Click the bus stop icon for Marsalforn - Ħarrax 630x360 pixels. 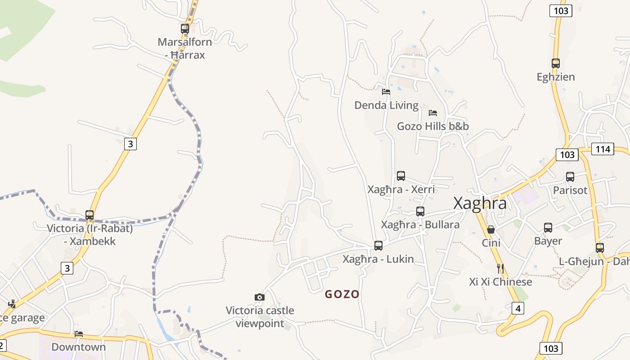pos(184,28)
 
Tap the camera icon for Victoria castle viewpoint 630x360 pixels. pos(259,297)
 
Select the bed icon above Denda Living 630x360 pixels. pos(386,92)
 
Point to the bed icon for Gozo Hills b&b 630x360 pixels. pos(433,112)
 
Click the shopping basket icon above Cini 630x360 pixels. pos(490,229)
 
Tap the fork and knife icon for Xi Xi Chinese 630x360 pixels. pos(500,269)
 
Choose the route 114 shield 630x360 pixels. pos(603,148)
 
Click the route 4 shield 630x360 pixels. pos(518,308)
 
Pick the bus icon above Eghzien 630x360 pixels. pos(555,63)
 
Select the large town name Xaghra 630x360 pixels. pos(480,203)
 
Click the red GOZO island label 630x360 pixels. pos(342,294)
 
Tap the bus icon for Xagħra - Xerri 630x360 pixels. pos(400,176)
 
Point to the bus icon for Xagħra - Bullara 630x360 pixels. pos(420,211)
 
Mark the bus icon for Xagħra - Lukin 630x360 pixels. pos(378,246)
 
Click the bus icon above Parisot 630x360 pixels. pos(570,177)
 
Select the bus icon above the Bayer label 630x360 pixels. pos(548,228)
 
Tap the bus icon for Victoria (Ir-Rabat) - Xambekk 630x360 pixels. pos(90,215)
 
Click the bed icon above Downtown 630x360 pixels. pos(79,334)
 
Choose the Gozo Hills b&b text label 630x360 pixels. pos(432,126)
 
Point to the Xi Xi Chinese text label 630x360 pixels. pos(500,282)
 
